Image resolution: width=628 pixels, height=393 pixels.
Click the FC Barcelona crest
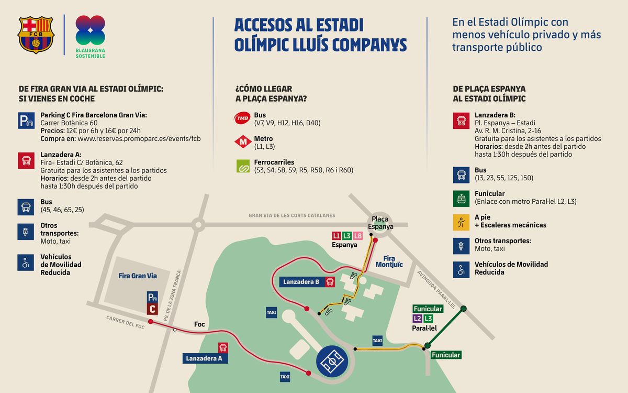(x=36, y=35)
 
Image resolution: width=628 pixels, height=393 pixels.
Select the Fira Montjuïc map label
(x=389, y=261)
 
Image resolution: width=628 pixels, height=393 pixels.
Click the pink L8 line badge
(x=358, y=236)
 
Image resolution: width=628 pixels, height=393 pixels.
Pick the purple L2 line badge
(x=418, y=318)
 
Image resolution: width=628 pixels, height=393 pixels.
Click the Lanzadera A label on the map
(x=204, y=358)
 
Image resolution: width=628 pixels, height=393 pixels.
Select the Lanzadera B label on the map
(x=301, y=282)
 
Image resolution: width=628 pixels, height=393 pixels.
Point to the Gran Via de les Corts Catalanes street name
(x=291, y=215)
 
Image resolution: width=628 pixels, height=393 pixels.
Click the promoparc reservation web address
(x=139, y=139)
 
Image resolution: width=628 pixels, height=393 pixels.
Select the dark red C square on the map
(x=152, y=309)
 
